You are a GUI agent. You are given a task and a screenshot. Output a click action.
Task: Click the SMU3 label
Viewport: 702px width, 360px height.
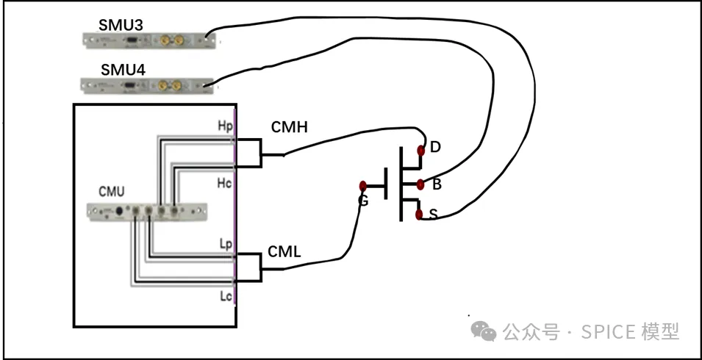tap(121, 25)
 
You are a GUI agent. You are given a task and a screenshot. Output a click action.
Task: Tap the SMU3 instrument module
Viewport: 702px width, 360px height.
tap(151, 38)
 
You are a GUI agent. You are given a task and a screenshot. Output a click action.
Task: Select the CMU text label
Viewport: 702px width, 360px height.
tap(112, 192)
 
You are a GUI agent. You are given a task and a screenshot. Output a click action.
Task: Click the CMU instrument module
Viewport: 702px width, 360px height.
tap(147, 212)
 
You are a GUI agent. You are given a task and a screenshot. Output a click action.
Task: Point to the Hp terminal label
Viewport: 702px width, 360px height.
tap(223, 127)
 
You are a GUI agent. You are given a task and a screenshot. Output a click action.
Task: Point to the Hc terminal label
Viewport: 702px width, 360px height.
tap(223, 182)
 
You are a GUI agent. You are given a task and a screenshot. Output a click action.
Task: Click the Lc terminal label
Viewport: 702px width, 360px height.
tap(225, 295)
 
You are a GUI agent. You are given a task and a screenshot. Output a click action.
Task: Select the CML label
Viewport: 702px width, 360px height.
tap(284, 252)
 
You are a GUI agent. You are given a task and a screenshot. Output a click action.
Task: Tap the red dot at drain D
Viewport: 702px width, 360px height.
tap(420, 151)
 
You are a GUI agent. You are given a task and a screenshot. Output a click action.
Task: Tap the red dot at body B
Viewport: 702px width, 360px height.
tap(420, 184)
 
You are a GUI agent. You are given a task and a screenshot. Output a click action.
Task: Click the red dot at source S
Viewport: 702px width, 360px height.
tap(419, 215)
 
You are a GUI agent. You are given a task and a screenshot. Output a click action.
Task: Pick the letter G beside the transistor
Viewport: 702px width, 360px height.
tap(362, 200)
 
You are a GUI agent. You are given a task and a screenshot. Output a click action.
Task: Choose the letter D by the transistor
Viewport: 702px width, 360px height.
tap(435, 148)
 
